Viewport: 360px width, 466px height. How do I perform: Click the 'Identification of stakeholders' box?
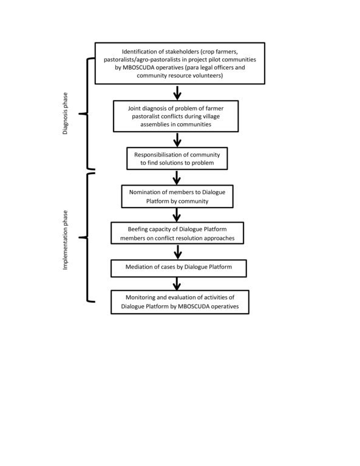pos(180,63)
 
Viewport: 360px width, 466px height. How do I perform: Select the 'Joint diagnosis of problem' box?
pos(175,116)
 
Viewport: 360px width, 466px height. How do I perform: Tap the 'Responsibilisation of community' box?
pos(177,158)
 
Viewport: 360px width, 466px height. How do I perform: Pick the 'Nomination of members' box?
pos(177,197)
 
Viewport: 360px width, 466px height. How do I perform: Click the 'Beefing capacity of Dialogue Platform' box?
pos(177,233)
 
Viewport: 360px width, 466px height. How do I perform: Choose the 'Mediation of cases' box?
pos(178,268)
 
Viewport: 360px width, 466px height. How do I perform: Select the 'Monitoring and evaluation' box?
pos(180,302)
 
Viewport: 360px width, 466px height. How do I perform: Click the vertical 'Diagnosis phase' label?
pos(65,113)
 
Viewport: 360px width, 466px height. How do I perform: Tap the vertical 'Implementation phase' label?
pos(65,240)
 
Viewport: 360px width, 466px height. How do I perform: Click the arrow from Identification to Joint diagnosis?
pos(177,93)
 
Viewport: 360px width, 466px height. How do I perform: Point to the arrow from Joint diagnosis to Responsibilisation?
pos(177,140)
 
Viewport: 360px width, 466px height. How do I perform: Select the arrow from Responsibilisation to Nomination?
pos(177,178)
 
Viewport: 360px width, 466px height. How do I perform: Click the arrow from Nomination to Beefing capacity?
pos(177,215)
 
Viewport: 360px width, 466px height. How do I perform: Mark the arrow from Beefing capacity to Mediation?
pos(178,252)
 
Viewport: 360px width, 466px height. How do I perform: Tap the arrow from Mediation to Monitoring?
pos(177,284)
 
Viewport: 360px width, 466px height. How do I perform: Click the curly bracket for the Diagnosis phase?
pos(87,113)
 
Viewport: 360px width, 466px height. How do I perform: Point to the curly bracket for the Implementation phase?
pos(87,237)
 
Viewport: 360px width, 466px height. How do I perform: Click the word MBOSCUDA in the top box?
pos(138,67)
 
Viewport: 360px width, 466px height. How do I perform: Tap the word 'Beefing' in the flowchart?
pos(138,229)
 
